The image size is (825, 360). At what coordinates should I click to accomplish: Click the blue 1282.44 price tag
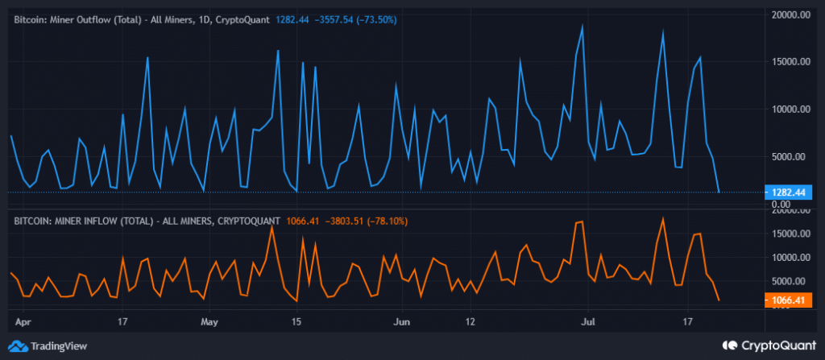tap(789, 192)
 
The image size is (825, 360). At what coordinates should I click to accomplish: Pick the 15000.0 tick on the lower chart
tap(790, 234)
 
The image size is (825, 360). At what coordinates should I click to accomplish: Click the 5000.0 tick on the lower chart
tap(791, 282)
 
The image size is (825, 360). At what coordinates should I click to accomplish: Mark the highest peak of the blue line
tap(582, 26)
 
